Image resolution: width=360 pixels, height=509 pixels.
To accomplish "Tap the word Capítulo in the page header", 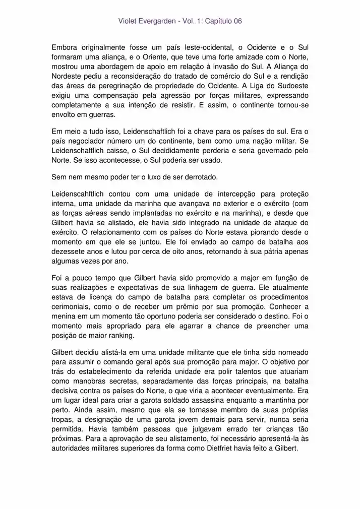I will point(215,21).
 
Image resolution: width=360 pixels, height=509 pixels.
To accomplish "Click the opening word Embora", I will point(65,48).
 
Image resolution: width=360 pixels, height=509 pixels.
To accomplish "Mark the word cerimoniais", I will point(73,306).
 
